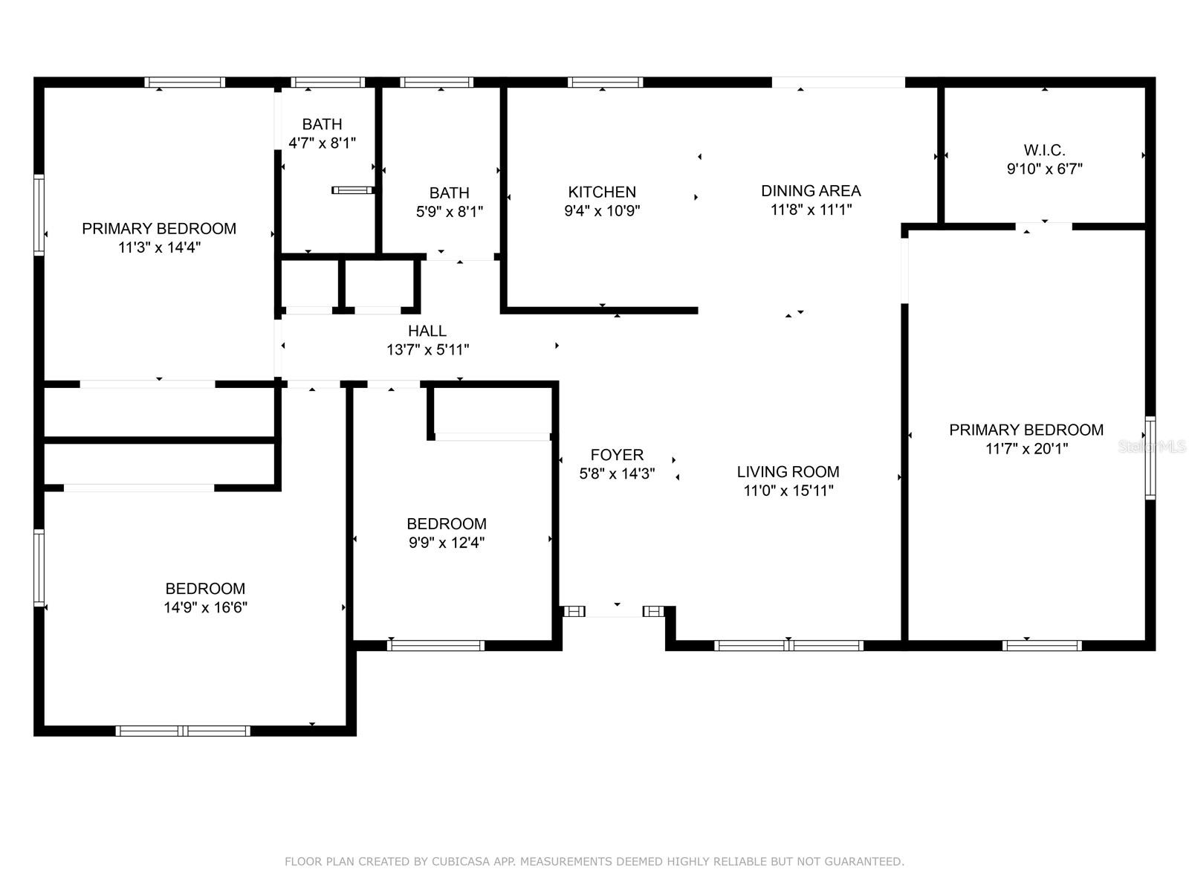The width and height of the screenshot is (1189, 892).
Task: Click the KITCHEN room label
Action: coord(602,192)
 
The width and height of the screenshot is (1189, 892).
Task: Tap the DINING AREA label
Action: coord(811,191)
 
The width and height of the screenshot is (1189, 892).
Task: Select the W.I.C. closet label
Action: coord(1044,150)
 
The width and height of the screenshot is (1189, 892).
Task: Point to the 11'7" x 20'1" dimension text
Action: coord(1026,449)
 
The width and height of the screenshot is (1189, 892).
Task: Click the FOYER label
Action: coord(617,455)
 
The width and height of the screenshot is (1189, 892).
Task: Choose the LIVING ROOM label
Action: coord(788,472)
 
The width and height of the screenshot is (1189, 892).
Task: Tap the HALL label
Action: coord(427,331)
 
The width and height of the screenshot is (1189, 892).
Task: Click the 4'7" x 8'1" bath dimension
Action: coord(322,143)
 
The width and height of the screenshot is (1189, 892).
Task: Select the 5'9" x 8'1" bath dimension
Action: coord(449,212)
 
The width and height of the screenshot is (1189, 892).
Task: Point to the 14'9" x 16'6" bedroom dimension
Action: coord(205,608)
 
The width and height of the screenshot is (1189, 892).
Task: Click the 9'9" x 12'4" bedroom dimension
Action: coord(446,543)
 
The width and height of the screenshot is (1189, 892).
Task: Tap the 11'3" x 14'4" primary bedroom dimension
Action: coord(159,248)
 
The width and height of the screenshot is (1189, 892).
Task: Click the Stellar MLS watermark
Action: coord(1152,447)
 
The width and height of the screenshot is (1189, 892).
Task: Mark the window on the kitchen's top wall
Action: coord(605,83)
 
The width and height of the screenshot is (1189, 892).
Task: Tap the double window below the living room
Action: coord(788,645)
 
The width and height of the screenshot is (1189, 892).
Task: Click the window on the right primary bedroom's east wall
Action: coord(1150,457)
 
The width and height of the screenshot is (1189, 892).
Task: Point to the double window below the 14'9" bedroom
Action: coord(184,731)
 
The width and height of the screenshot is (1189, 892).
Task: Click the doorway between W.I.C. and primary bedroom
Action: coord(1044,226)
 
